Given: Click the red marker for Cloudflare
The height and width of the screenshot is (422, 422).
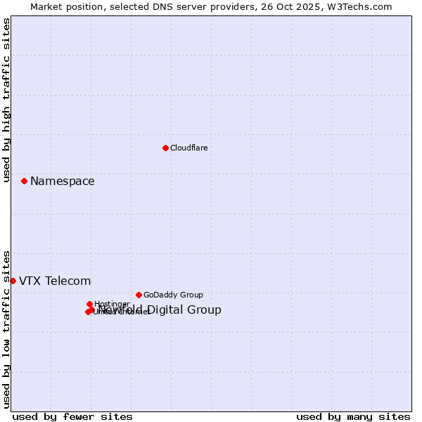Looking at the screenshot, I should click(165, 148).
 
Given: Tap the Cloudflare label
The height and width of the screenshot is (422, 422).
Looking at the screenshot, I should click(188, 148).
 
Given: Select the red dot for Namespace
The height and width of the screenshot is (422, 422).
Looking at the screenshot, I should click(24, 181).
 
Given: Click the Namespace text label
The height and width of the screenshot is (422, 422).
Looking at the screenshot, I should click(62, 181).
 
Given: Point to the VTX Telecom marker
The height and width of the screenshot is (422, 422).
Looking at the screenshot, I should click(13, 281).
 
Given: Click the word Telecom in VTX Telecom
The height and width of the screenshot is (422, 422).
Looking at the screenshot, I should click(68, 281).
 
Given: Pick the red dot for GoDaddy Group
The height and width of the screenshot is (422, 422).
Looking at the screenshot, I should click(139, 295).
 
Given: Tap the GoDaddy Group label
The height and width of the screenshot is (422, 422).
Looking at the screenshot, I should click(173, 295).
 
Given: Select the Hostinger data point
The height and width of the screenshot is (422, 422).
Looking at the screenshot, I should click(89, 304).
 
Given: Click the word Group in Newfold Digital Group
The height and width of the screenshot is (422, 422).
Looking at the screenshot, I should click(205, 310).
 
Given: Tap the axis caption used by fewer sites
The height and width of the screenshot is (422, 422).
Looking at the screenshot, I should click(72, 417).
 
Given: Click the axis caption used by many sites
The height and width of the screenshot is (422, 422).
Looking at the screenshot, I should click(353, 417).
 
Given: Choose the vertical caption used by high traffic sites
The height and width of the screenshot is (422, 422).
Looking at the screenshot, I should click(6, 101).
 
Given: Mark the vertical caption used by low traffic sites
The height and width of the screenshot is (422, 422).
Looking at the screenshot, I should click(6, 329).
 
